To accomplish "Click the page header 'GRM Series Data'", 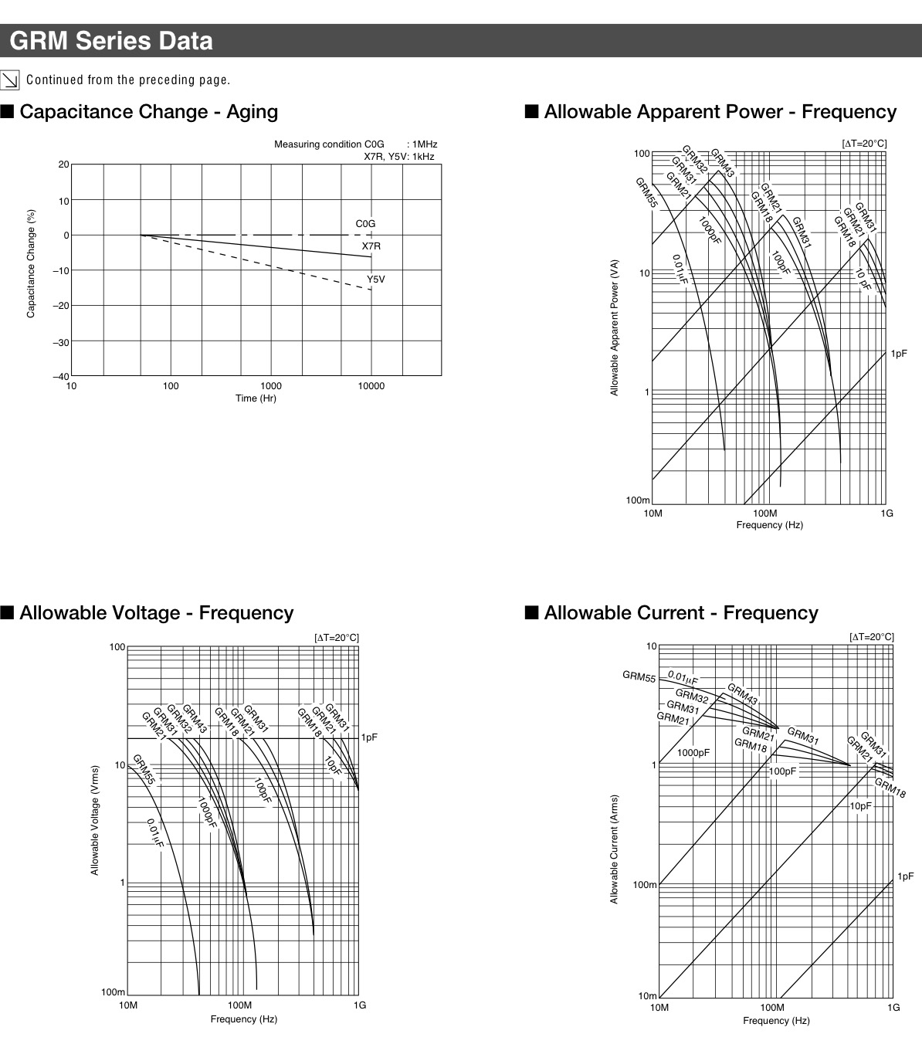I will point(111,40).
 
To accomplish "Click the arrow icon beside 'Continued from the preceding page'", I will point(10,80).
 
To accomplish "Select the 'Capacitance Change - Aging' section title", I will point(148,112).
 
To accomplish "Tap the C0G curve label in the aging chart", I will point(365,224).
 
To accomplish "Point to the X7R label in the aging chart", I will point(371,246).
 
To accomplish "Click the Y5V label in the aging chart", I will point(375,280).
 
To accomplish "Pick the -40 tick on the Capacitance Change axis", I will point(60,377).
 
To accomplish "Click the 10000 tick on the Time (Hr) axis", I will point(371,386).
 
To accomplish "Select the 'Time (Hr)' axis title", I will point(256,398).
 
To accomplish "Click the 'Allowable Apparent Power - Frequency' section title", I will point(720,112).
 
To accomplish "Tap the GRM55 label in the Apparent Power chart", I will point(646,193).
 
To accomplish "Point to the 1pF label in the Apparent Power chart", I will point(899,354).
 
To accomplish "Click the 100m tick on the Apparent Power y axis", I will point(638,500).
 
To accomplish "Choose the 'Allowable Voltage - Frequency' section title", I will point(156,613).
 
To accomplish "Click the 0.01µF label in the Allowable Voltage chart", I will point(154,832).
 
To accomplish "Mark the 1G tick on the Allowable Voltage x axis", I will point(360,1005).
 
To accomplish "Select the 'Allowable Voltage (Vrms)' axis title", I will point(95,820).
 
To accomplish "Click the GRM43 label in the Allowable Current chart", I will point(742,693).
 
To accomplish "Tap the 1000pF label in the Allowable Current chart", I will point(693,753).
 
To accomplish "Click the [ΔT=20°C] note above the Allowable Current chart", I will point(871,637).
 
